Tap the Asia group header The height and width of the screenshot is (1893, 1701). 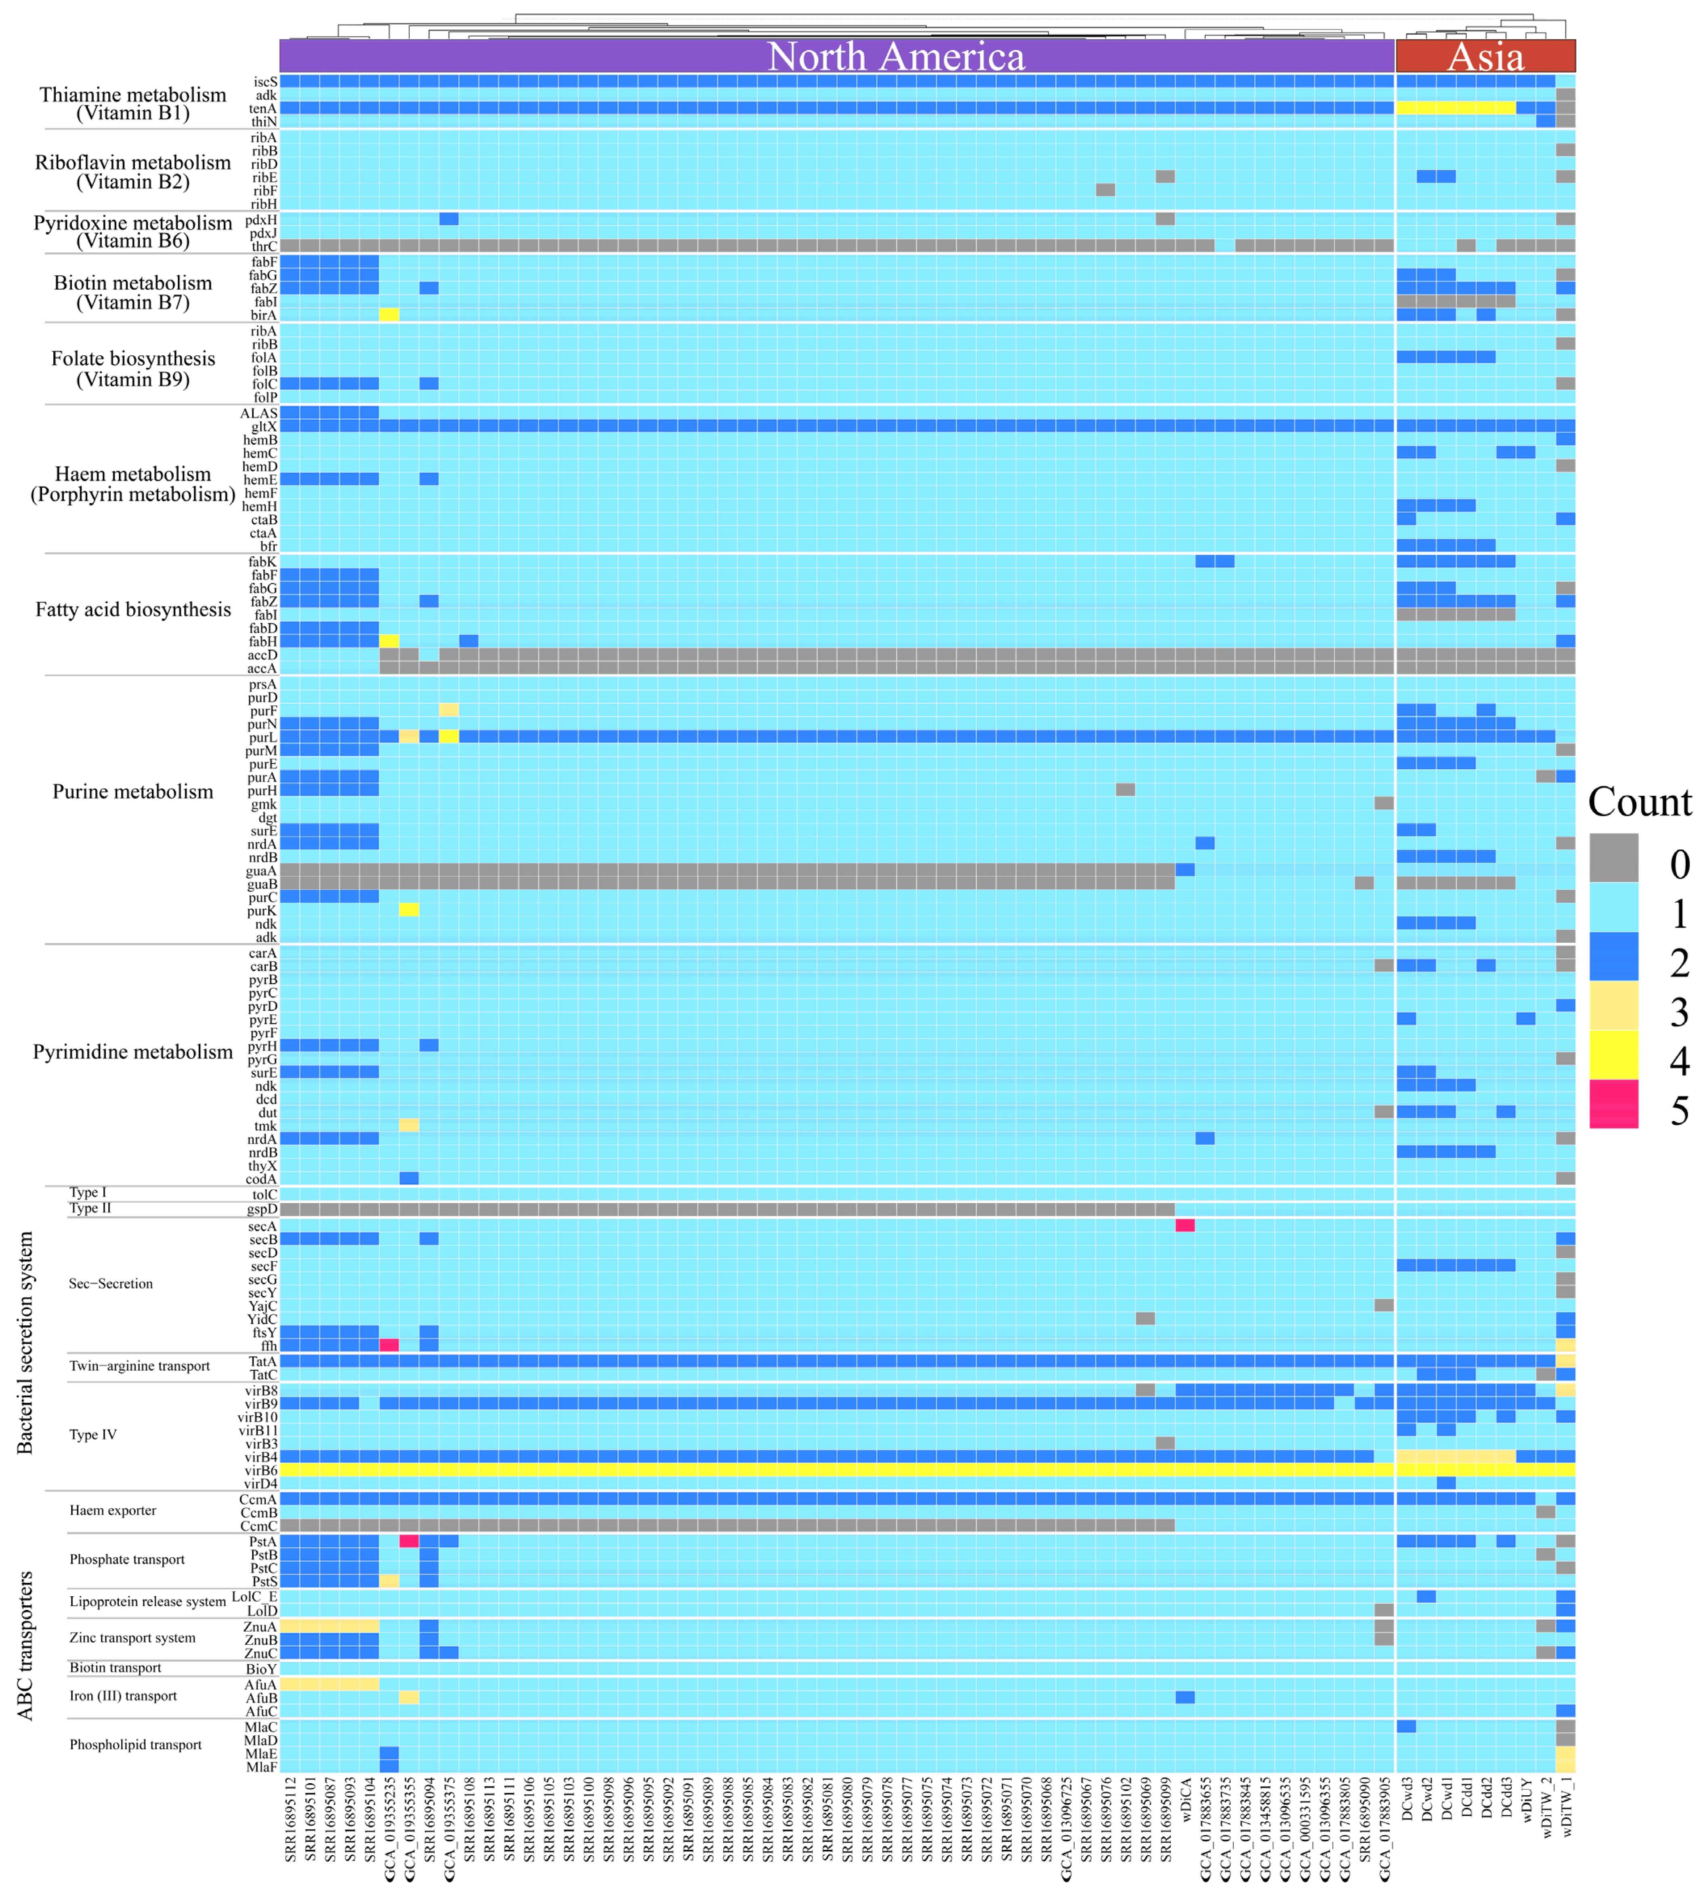[1485, 56]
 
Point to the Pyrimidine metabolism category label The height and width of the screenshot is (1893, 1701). [133, 1052]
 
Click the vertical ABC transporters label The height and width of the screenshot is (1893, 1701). [25, 1646]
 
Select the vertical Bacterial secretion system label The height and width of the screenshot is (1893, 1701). [25, 1343]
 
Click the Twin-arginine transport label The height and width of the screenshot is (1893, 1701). [139, 1366]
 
